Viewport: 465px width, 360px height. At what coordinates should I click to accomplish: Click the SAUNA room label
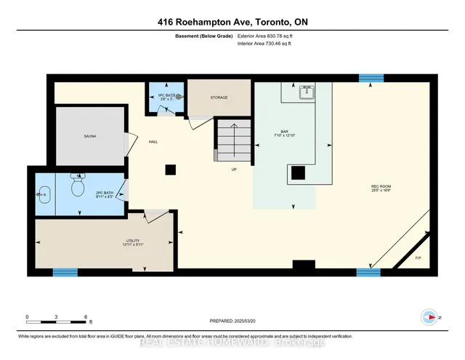pyautogui.click(x=90, y=136)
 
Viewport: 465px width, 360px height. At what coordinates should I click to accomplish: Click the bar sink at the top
pyautogui.click(x=307, y=91)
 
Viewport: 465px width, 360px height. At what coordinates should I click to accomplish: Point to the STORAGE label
pyautogui.click(x=219, y=97)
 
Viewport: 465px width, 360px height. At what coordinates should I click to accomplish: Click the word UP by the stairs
pyautogui.click(x=234, y=169)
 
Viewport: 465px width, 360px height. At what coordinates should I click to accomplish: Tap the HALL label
pyautogui.click(x=153, y=142)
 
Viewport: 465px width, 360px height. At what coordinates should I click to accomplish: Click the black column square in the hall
pyautogui.click(x=170, y=169)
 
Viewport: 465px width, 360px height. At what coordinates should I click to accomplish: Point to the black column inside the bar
pyautogui.click(x=298, y=172)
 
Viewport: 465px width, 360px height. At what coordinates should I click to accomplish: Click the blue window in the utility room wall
pyautogui.click(x=65, y=273)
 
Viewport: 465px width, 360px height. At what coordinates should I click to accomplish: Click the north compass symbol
pyautogui.click(x=429, y=317)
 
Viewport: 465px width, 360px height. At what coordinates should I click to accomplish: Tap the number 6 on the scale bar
pyautogui.click(x=86, y=317)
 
